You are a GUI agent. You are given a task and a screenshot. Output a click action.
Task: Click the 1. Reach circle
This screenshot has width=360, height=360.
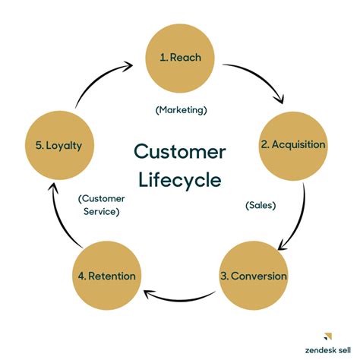(x=180, y=57)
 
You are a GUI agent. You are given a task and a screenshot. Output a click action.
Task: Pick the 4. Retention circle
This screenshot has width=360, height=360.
(x=106, y=275)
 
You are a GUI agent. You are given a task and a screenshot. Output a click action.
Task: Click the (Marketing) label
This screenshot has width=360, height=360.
(x=181, y=109)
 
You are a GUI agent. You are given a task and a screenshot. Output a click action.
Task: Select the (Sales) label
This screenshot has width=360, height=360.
(x=261, y=205)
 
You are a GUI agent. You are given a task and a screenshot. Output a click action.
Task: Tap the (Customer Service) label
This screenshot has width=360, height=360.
(x=102, y=205)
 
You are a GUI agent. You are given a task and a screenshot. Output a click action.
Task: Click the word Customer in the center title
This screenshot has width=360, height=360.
(x=180, y=152)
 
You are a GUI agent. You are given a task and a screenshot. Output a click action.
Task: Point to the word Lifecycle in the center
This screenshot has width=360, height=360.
(x=180, y=181)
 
